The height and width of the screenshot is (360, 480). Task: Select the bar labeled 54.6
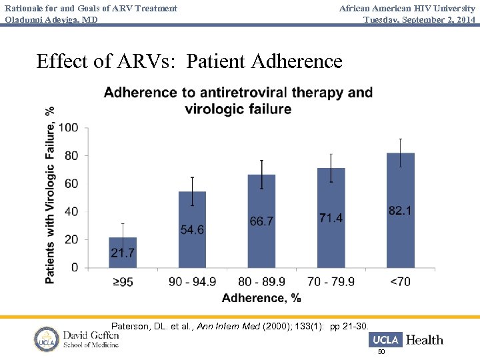coord(192,229)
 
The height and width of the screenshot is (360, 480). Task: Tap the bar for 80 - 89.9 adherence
coord(261,221)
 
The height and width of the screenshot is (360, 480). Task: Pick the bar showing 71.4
coord(331,217)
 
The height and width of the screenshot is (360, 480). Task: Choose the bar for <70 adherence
coord(400,210)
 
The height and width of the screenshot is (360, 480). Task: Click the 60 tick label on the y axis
coord(71,184)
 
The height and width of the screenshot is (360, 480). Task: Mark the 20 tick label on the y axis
coord(71,240)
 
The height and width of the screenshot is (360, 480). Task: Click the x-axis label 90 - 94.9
coord(192,282)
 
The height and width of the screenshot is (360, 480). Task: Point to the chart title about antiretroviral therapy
coord(238,100)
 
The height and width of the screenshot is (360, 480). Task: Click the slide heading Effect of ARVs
coord(189,61)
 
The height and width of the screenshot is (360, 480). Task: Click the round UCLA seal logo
coord(47,339)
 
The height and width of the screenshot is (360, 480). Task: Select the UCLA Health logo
coord(406,340)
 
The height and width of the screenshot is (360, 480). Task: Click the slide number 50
coord(381,351)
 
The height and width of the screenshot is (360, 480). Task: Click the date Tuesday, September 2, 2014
coord(419,19)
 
